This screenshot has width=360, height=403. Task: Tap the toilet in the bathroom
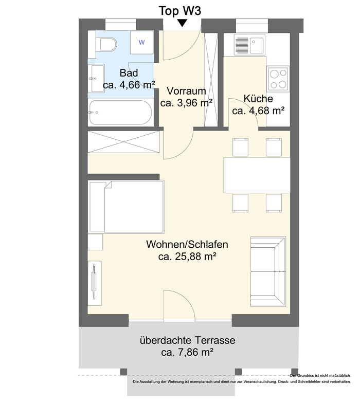pyautogui.click(x=105, y=44)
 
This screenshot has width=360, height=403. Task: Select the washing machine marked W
pyautogui.click(x=142, y=42)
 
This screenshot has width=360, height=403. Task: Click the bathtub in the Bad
pyautogui.click(x=120, y=113)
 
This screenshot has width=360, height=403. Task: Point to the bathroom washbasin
pyautogui.click(x=97, y=78)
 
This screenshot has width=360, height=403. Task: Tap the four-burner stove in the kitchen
pyautogui.click(x=278, y=79)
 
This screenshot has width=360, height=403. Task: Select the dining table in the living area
pyautogui.click(x=257, y=175)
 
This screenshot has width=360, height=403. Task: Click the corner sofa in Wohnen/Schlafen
pyautogui.click(x=268, y=271)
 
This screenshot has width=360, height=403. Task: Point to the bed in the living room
pyautogui.click(x=126, y=207)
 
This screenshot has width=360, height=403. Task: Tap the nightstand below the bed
pyautogui.click(x=96, y=242)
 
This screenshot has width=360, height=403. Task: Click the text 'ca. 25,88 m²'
pyautogui.click(x=187, y=256)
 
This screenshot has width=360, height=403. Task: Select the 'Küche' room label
pyautogui.click(x=258, y=99)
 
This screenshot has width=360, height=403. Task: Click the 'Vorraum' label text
pyautogui.click(x=186, y=90)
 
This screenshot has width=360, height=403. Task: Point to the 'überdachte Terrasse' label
pyautogui.click(x=187, y=340)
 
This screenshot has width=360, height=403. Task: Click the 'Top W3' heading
pyautogui.click(x=180, y=11)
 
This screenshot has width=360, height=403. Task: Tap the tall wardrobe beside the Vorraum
pyautogui.click(x=211, y=80)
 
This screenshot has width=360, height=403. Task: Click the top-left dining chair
pyautogui.click(x=241, y=147)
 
